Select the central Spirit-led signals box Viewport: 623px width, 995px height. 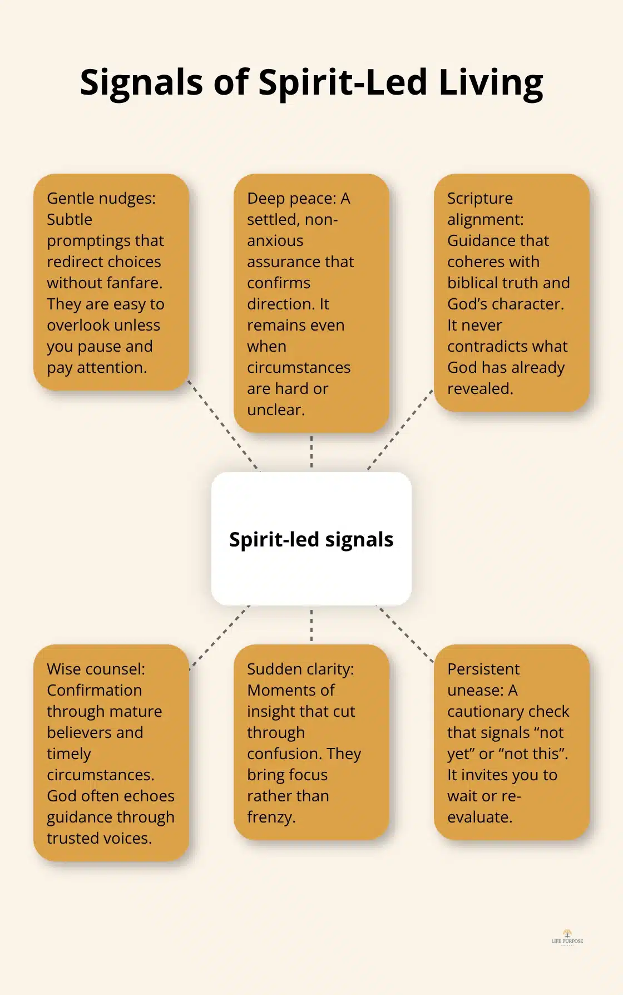click(x=311, y=539)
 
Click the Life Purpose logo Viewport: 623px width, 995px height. click(x=567, y=937)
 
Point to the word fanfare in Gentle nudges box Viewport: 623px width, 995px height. click(x=136, y=283)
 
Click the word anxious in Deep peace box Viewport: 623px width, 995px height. click(x=275, y=240)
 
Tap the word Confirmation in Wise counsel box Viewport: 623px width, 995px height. click(x=94, y=690)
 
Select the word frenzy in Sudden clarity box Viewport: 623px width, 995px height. click(x=271, y=817)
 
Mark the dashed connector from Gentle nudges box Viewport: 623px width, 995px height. click(x=222, y=425)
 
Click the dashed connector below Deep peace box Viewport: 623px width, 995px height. click(x=311, y=452)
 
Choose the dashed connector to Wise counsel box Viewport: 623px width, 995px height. click(x=219, y=637)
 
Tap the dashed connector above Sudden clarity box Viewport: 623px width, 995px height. click(x=311, y=625)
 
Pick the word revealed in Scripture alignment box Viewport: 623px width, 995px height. click(x=479, y=388)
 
